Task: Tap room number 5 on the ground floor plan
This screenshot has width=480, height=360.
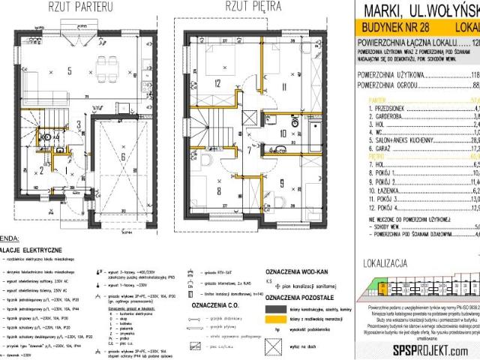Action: tap(70, 71)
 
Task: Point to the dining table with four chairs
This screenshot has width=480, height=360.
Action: tap(109, 79)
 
